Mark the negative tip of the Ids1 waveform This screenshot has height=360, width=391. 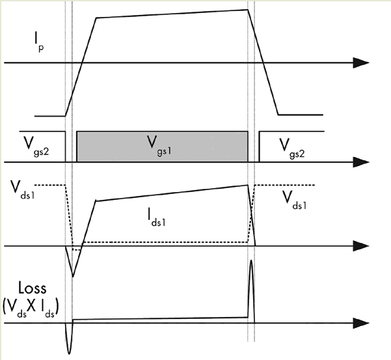pyautogui.click(x=73, y=276)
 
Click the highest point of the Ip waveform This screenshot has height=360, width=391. pyautogui.click(x=247, y=9)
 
